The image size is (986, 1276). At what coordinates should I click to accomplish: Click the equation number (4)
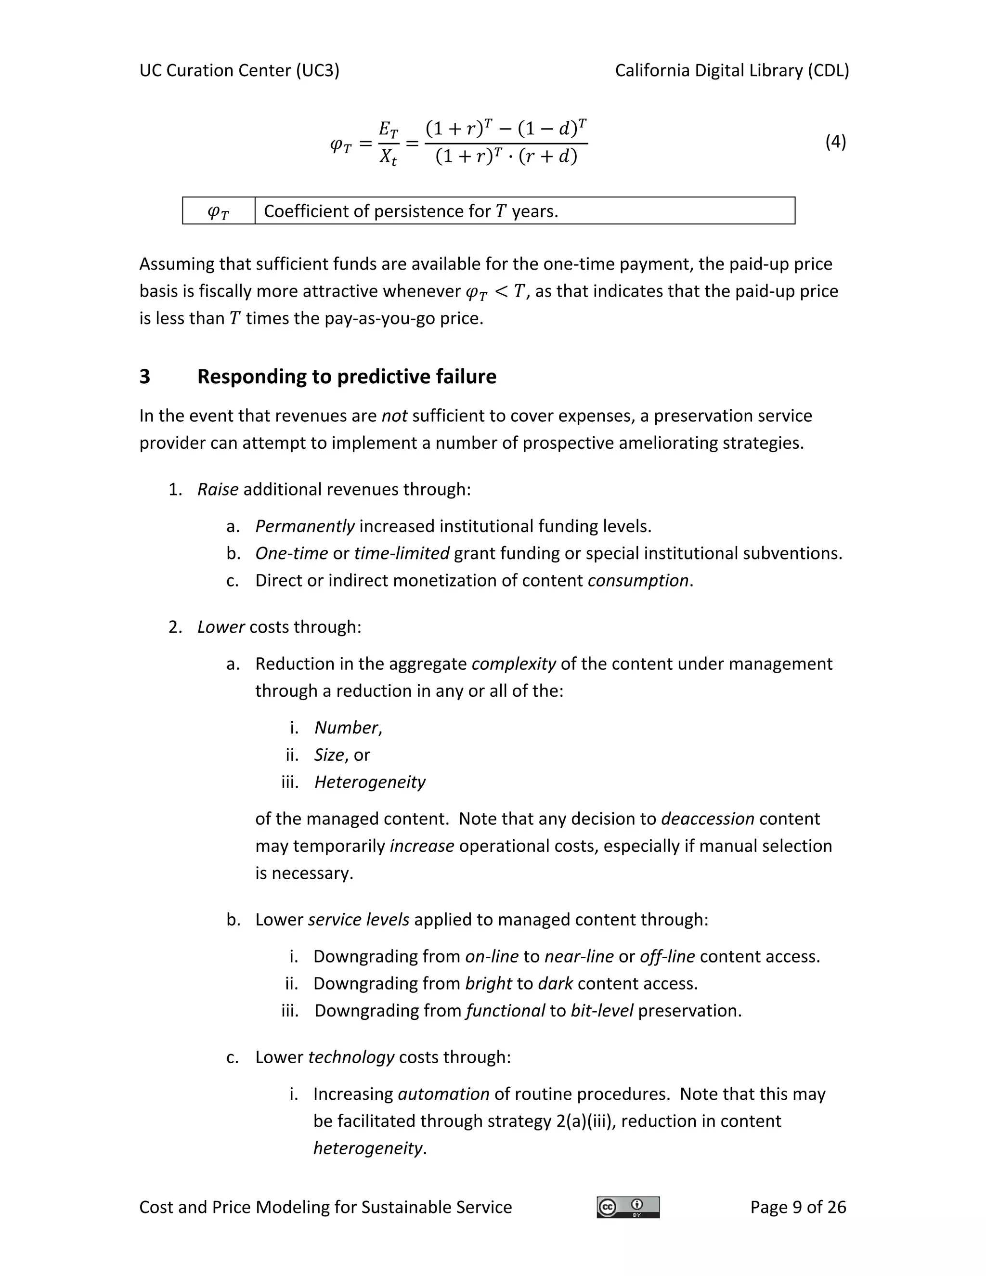coord(835,142)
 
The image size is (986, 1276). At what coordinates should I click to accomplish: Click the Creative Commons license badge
coord(628,1207)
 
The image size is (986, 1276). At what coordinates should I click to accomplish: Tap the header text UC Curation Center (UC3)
coord(239,71)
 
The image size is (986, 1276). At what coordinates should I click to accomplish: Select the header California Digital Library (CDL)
coord(732,71)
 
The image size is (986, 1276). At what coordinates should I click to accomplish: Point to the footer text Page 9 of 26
coord(798,1207)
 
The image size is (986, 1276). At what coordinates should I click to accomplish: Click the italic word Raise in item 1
coord(217,490)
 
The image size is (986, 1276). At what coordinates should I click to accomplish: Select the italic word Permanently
coord(304,526)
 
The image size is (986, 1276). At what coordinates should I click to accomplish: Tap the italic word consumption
coord(638,581)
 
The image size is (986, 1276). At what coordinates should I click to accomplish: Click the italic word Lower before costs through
coord(221,627)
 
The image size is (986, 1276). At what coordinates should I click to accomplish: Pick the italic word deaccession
coord(707,819)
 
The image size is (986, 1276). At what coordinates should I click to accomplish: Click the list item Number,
coord(348,728)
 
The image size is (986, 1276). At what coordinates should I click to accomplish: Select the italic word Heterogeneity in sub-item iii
coord(370,782)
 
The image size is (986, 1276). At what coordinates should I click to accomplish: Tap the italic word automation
coord(443,1094)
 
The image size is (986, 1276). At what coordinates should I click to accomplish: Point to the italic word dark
coord(555,984)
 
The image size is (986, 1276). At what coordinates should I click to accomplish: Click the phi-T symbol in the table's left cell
coord(219,212)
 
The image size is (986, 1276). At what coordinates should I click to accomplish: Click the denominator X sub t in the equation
coord(388,157)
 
